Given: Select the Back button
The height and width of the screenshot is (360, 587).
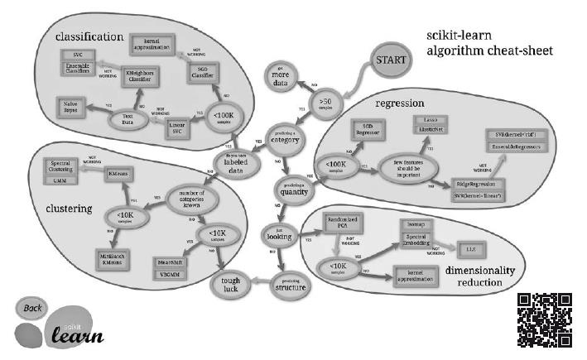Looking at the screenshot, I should pos(32,309).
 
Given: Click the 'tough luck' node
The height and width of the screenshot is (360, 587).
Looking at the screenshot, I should pos(230,285).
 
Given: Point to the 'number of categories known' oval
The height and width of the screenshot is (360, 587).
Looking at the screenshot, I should pos(193,200).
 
